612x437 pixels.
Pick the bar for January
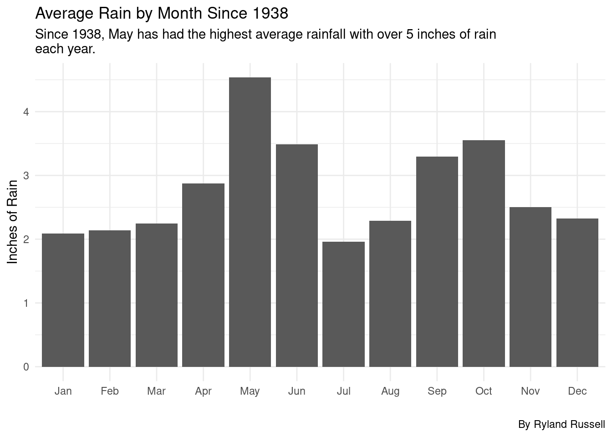[x=63, y=300]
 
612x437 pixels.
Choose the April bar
[x=203, y=275]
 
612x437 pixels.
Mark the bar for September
[x=437, y=262]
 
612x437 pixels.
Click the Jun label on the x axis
[x=296, y=391]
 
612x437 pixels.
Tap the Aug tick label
[x=390, y=391]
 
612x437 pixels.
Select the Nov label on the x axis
[x=530, y=391]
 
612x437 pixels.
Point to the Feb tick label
[x=110, y=391]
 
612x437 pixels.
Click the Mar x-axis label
[x=156, y=391]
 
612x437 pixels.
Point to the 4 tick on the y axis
[x=26, y=112]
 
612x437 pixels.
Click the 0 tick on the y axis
[x=26, y=367]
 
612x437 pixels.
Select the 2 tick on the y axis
[x=26, y=239]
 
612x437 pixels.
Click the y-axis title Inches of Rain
[x=13, y=222]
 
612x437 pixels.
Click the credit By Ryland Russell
[x=561, y=425]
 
